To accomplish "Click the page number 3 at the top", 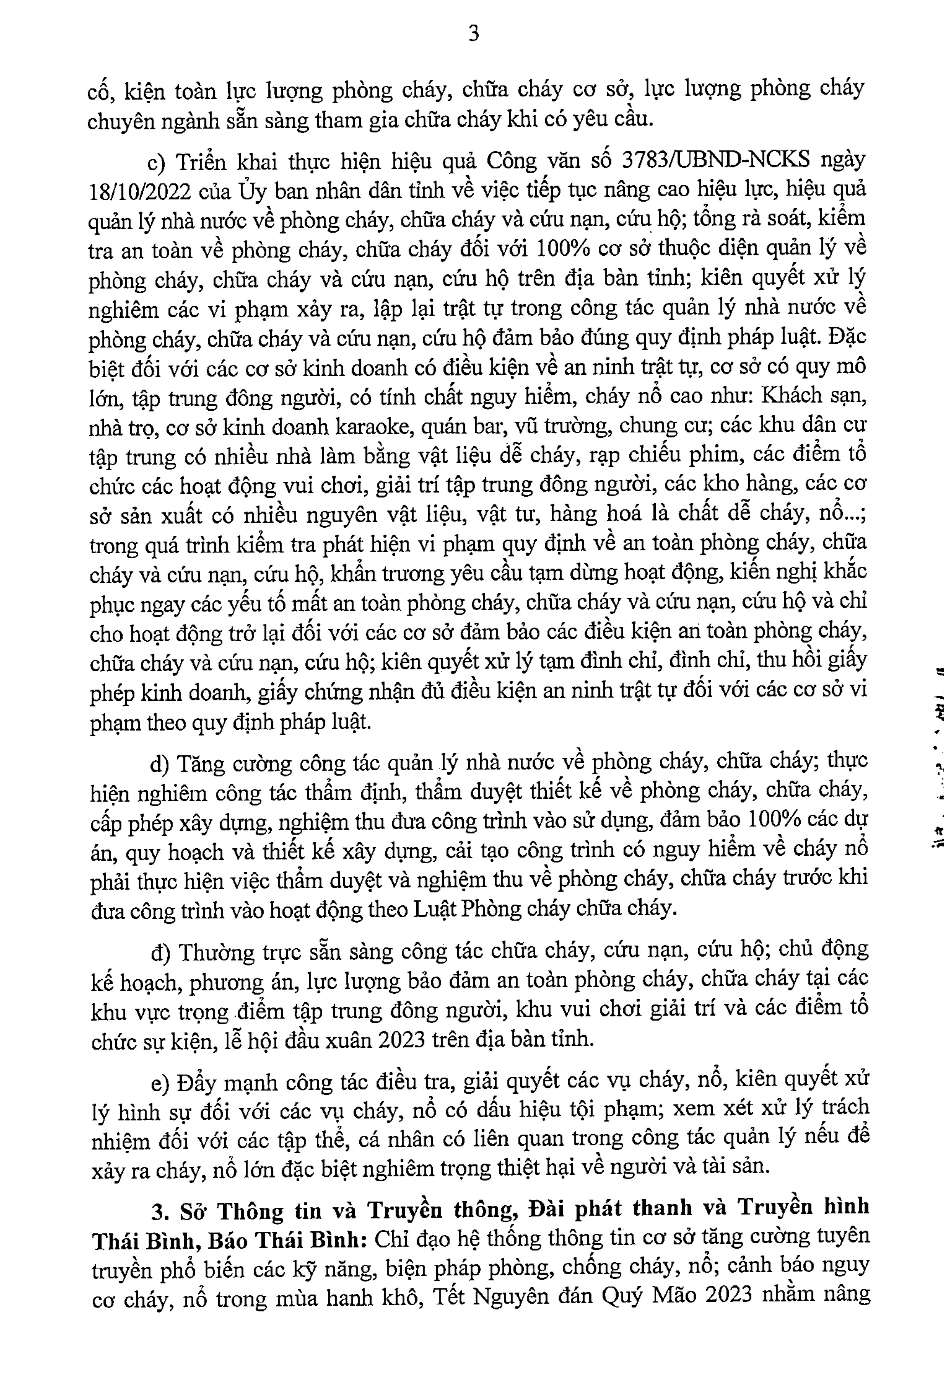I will tap(474, 34).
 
